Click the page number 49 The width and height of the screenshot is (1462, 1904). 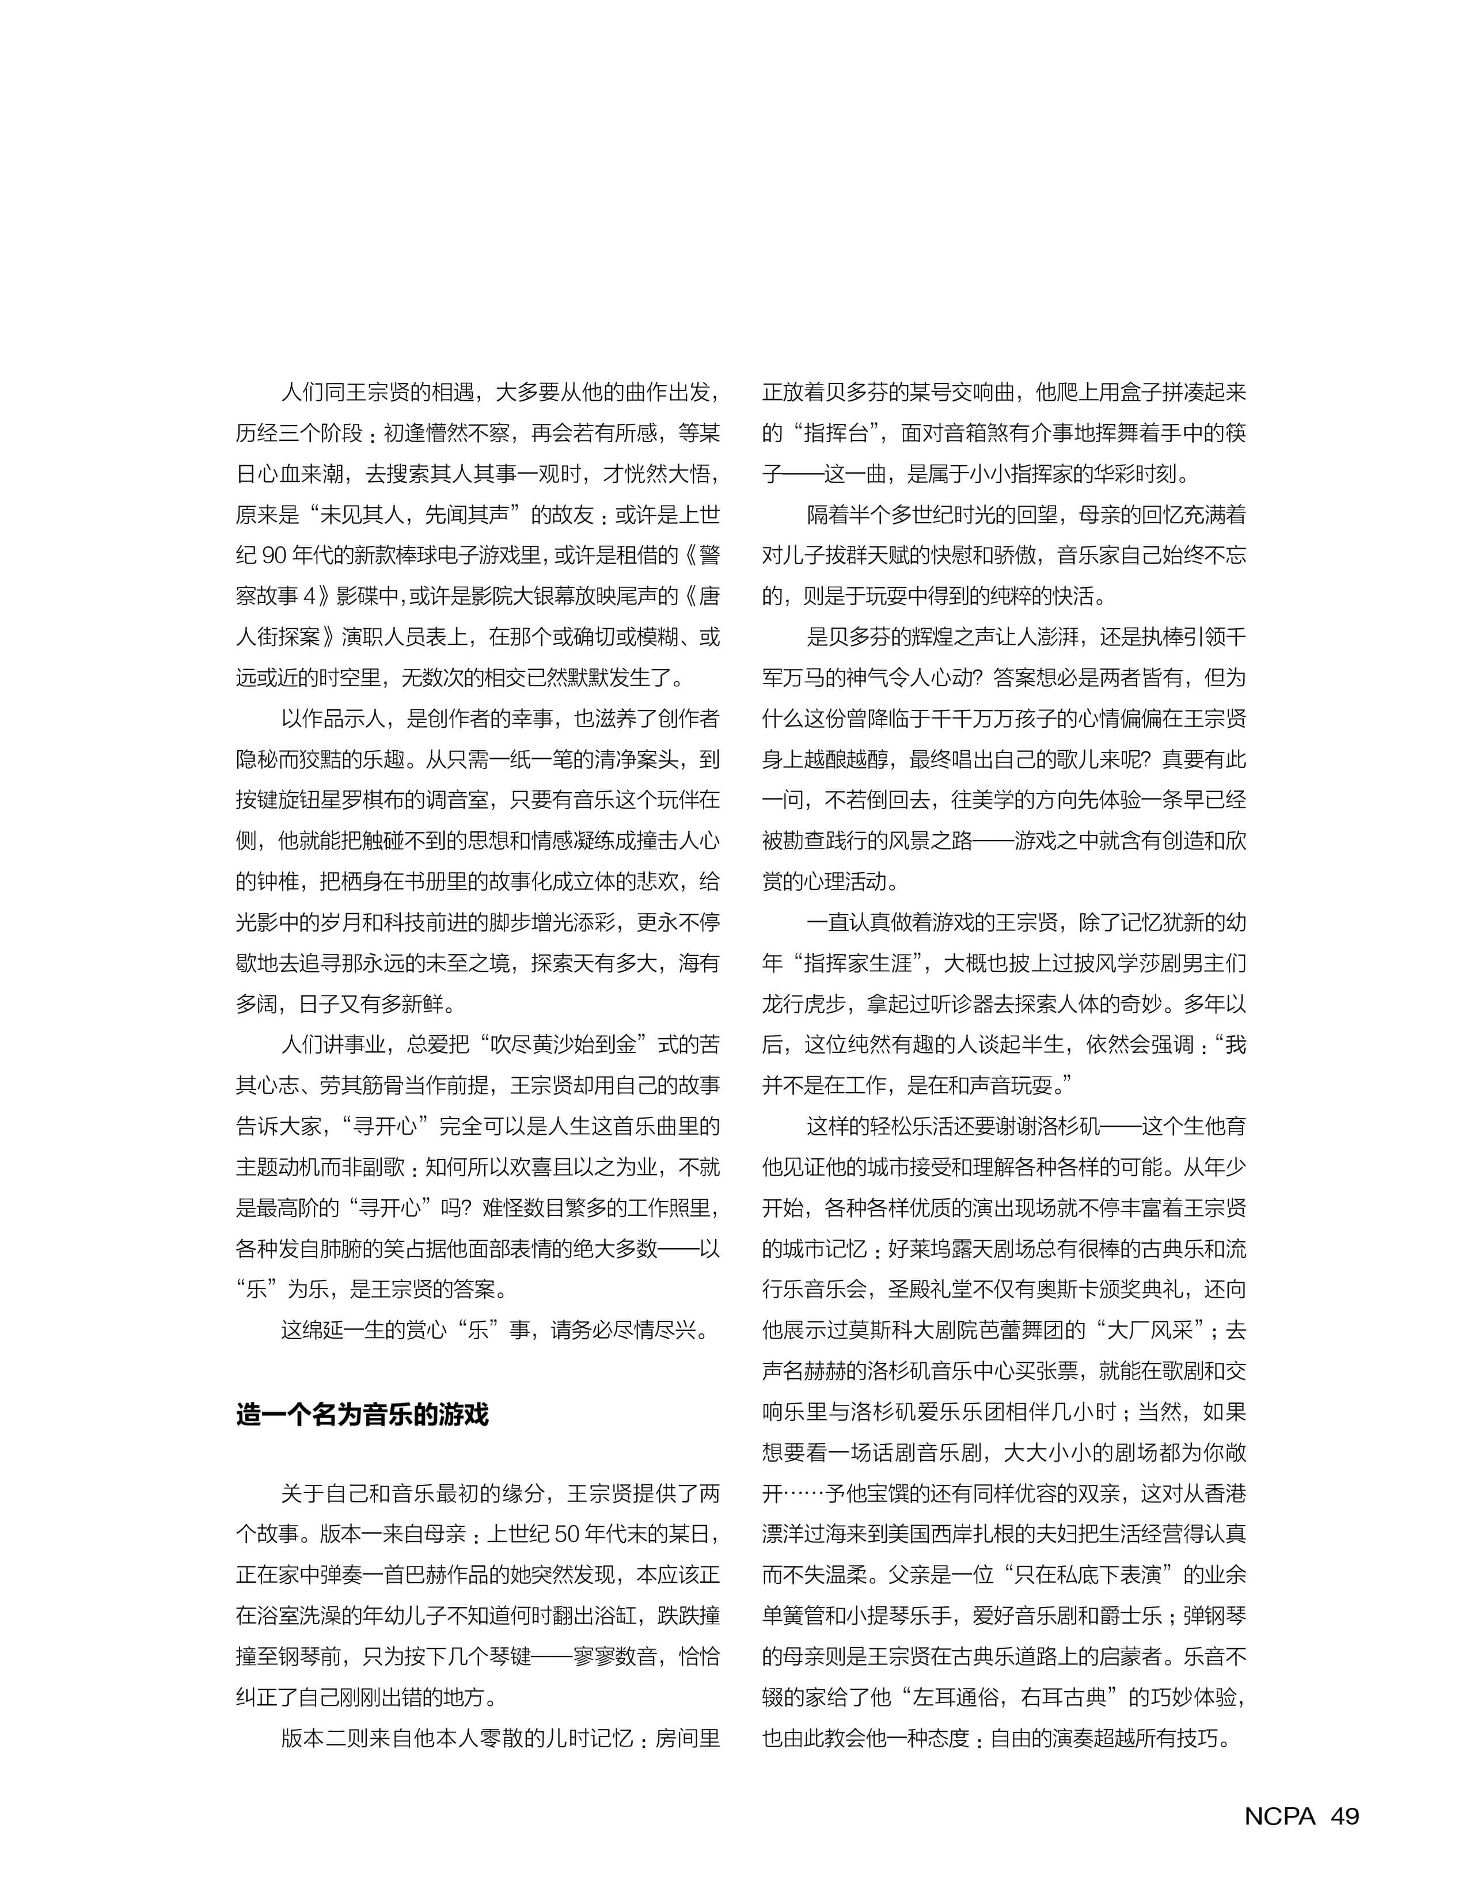[x=1345, y=1816]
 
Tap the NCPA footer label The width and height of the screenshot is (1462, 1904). [x=1279, y=1816]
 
